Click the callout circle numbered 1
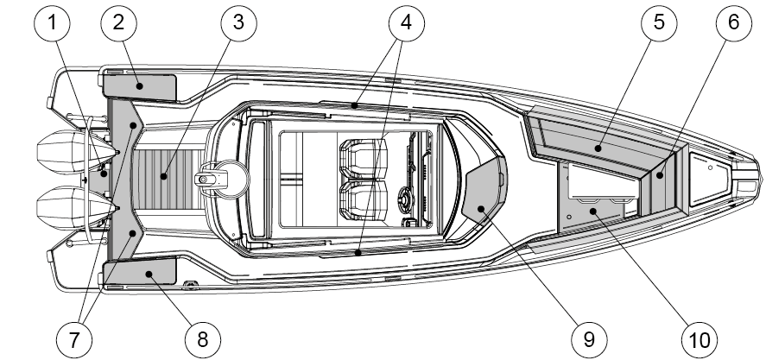52,22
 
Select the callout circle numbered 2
118,22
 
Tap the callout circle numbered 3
238,22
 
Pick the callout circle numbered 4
407,22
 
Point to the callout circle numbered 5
659,22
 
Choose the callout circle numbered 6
734,22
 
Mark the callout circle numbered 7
73,339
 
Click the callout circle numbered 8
203,339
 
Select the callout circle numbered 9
589,339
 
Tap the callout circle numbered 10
700,339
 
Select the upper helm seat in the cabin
363,158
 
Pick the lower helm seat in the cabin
363,201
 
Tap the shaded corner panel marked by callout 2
140,86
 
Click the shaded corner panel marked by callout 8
140,272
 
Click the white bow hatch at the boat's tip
708,179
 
